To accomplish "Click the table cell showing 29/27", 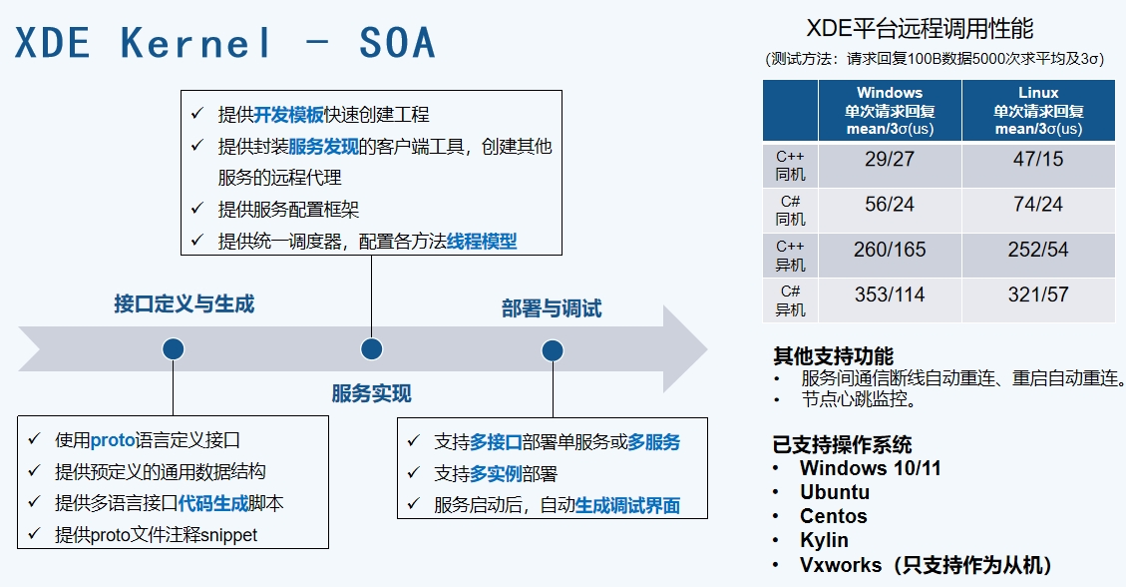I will pyautogui.click(x=890, y=159).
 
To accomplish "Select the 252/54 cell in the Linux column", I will pyautogui.click(x=1038, y=250).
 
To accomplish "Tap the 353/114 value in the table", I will pyautogui.click(x=890, y=295).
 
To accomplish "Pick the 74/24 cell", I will pyautogui.click(x=1038, y=205).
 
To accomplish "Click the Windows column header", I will pyautogui.click(x=890, y=111).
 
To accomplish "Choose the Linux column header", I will pyautogui.click(x=1038, y=111).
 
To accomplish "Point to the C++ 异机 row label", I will pyautogui.click(x=790, y=257).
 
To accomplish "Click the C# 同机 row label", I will pyautogui.click(x=790, y=211).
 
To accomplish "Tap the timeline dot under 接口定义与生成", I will pyautogui.click(x=174, y=348).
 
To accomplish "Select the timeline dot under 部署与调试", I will pyautogui.click(x=552, y=349).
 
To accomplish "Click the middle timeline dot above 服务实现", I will pyautogui.click(x=371, y=348).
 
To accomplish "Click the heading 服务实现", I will pyautogui.click(x=371, y=393).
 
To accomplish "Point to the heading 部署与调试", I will pyautogui.click(x=552, y=308).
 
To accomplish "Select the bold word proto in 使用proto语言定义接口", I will pyautogui.click(x=112, y=440).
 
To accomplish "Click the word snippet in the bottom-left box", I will pyautogui.click(x=229, y=535).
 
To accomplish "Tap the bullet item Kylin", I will pyautogui.click(x=824, y=540).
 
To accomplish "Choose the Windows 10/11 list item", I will pyautogui.click(x=870, y=468).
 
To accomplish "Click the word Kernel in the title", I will pyautogui.click(x=196, y=43).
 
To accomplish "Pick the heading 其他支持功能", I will pyautogui.click(x=833, y=356).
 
